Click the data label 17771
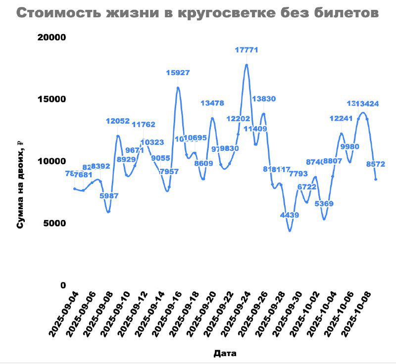246,50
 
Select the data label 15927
178,73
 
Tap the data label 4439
290,215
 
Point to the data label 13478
212,103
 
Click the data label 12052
118,121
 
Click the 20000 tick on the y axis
53,37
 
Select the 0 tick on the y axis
63,285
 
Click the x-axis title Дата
225,353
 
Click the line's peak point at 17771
246,65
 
